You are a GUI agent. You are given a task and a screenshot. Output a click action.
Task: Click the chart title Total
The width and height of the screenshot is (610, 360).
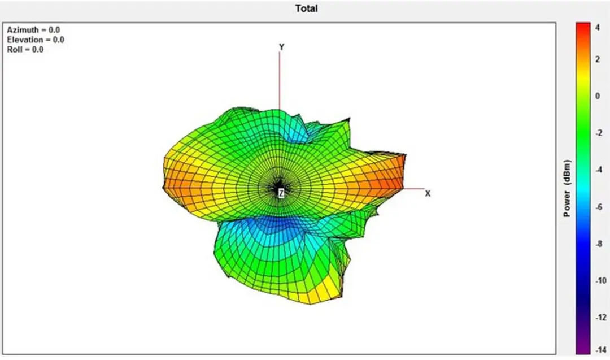[306, 8]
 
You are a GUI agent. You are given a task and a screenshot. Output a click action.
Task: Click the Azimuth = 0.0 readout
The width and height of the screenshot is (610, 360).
[33, 30]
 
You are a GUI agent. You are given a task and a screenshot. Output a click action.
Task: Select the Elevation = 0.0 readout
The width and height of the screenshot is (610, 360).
[36, 40]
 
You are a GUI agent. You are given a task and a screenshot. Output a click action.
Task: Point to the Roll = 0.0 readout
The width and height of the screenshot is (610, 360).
[25, 49]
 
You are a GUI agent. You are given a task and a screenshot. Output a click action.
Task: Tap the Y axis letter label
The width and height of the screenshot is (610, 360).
[282, 47]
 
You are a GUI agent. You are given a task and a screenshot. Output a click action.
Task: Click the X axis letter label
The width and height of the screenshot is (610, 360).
[428, 193]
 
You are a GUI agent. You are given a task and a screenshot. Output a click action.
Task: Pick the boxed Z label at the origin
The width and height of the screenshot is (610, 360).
[281, 192]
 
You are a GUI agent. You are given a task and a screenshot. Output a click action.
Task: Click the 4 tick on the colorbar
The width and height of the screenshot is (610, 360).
[598, 28]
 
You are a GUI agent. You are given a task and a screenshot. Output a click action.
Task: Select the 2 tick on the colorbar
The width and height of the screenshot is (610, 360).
[598, 59]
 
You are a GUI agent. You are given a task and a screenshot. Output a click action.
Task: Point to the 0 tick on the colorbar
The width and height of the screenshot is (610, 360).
[598, 96]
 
